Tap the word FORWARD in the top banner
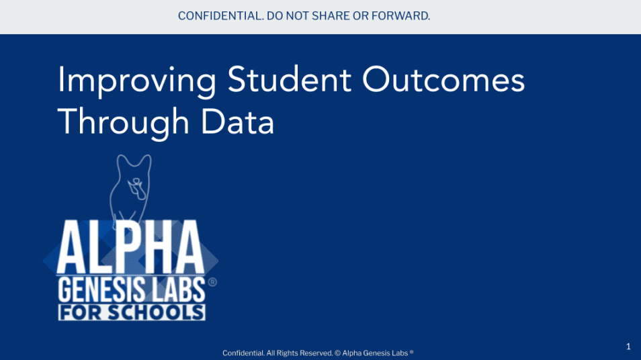coord(400,16)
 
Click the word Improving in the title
coord(137,81)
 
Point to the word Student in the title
coord(289,80)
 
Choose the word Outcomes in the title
coord(443,80)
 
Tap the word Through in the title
coord(124,123)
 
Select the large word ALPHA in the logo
coord(130,246)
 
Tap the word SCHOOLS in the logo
coord(156,312)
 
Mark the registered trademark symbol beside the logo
coord(212,282)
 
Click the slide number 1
coord(628,347)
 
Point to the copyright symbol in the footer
coord(338,353)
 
